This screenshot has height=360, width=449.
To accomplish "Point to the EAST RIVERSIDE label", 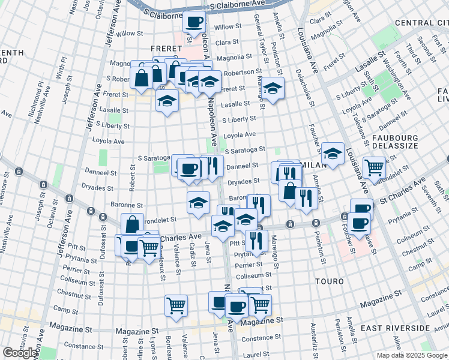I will click(396, 328).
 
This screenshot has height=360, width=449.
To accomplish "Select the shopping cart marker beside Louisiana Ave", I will click(374, 167).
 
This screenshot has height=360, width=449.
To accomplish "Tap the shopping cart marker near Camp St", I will click(176, 306).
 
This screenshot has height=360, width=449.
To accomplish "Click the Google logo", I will click(20, 353).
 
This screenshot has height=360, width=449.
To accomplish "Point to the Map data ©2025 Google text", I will click(412, 355).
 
